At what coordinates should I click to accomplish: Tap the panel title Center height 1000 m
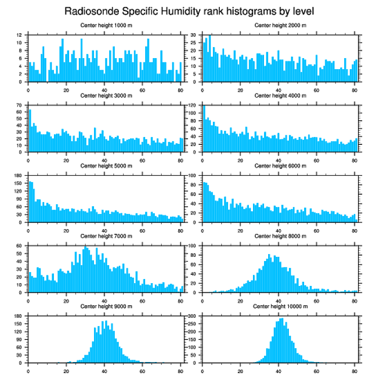pos(106,25)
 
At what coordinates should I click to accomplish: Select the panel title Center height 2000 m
pos(280,25)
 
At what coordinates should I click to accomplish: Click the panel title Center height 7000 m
pos(106,236)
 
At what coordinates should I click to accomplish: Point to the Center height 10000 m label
pos(280,306)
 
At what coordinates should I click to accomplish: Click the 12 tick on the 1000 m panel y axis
pos(19,35)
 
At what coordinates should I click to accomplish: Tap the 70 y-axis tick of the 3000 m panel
pos(19,105)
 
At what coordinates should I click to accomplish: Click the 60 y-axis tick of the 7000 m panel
pos(19,246)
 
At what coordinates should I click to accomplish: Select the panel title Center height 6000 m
pos(280,166)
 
